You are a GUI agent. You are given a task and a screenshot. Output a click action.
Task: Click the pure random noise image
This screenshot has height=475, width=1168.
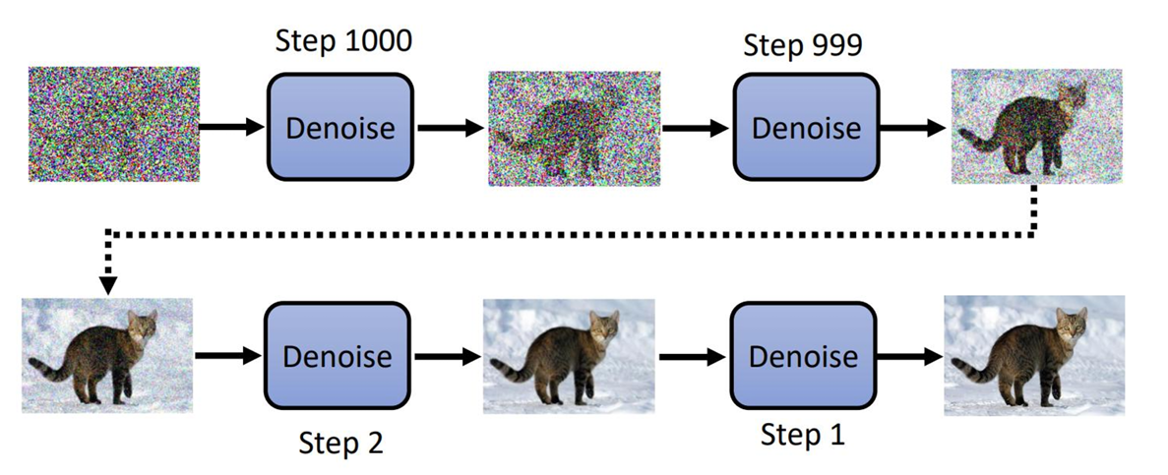(114, 124)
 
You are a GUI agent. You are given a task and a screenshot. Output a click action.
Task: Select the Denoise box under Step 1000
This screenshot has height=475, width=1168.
(339, 127)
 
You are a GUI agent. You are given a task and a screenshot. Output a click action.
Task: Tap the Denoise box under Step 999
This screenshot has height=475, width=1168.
(805, 127)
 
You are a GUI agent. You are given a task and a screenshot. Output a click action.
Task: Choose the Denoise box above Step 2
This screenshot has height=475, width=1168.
(337, 355)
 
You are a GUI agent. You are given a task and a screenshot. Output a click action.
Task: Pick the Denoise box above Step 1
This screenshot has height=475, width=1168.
(803, 355)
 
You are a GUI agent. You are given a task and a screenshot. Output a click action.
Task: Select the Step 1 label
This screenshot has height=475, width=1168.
(803, 435)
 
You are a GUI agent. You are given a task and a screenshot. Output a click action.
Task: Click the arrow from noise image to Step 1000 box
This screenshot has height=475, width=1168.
(232, 127)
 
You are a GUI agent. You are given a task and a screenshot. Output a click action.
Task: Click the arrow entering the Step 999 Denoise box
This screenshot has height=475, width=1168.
(697, 127)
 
